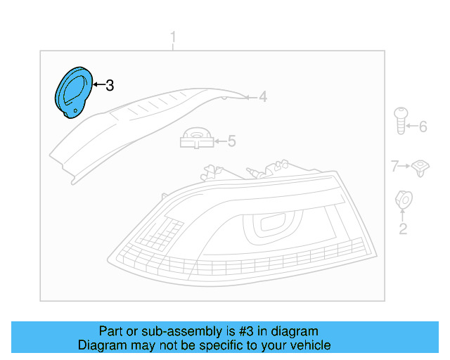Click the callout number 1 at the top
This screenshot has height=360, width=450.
pos(174,37)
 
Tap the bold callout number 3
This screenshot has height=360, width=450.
pos(109,86)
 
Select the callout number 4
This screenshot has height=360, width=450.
pos(262,97)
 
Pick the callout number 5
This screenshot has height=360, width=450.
pos(231,141)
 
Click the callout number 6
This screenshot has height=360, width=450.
pos(423,127)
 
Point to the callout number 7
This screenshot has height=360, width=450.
pos(395,166)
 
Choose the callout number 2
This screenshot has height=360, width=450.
pos(403,229)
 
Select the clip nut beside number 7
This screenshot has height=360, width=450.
pos(420,167)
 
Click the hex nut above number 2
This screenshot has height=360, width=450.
pos(404,199)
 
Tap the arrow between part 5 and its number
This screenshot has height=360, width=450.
pos(220,141)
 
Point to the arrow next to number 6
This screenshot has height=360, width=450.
pos(413,127)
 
